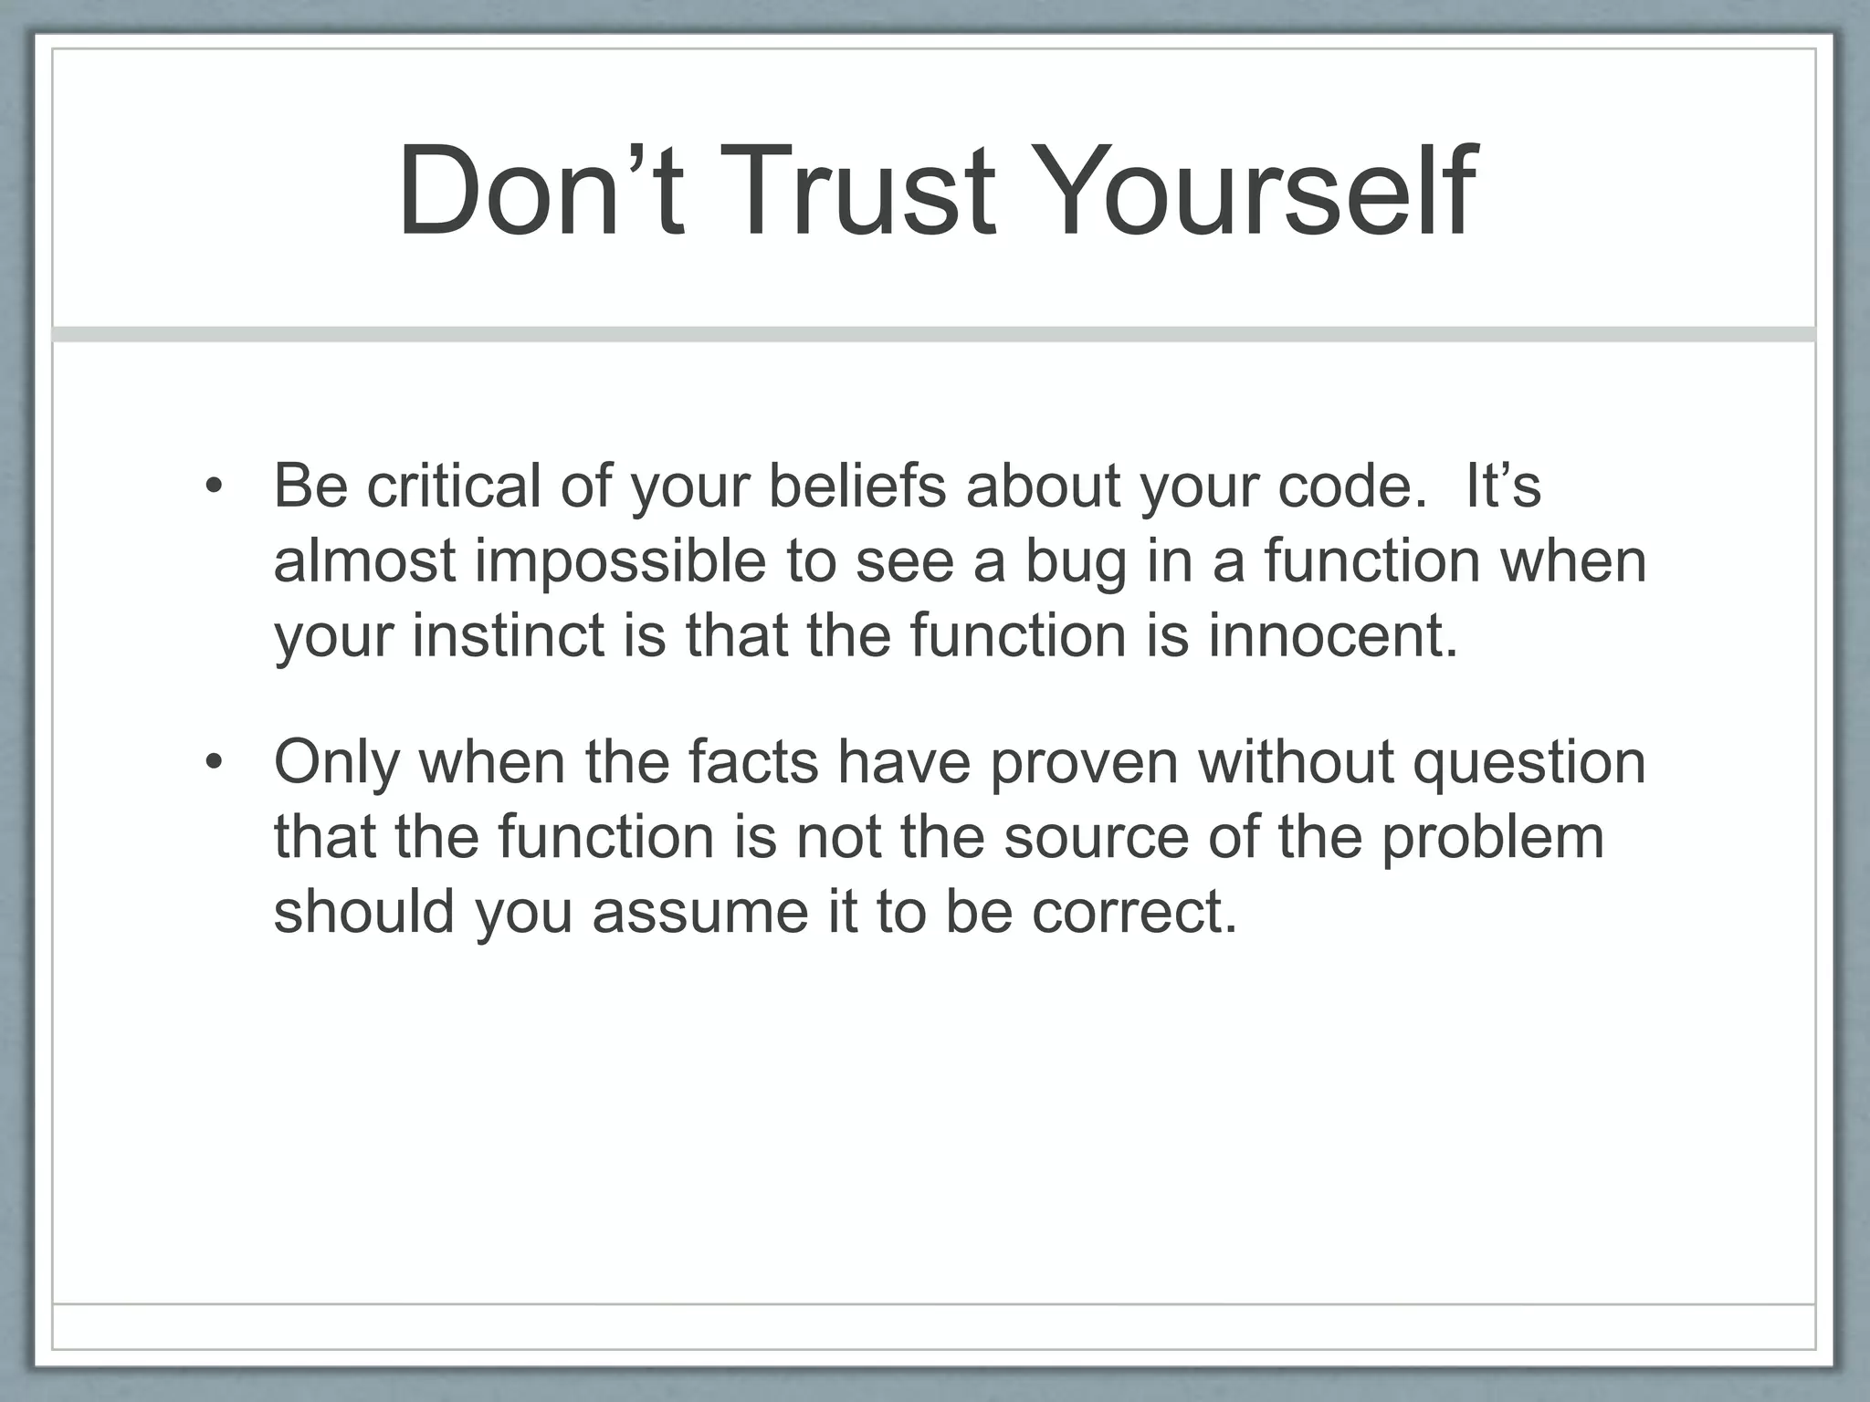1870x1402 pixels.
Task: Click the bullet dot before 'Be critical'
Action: tap(214, 487)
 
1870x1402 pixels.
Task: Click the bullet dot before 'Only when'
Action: tap(214, 762)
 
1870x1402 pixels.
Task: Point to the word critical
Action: tap(453, 487)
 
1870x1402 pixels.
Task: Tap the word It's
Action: tap(1503, 487)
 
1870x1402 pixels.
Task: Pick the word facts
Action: tap(753, 762)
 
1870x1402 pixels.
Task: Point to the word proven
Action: tap(1085, 762)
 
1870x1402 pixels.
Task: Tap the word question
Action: tap(1529, 762)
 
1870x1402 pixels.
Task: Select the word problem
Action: tap(1492, 837)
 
